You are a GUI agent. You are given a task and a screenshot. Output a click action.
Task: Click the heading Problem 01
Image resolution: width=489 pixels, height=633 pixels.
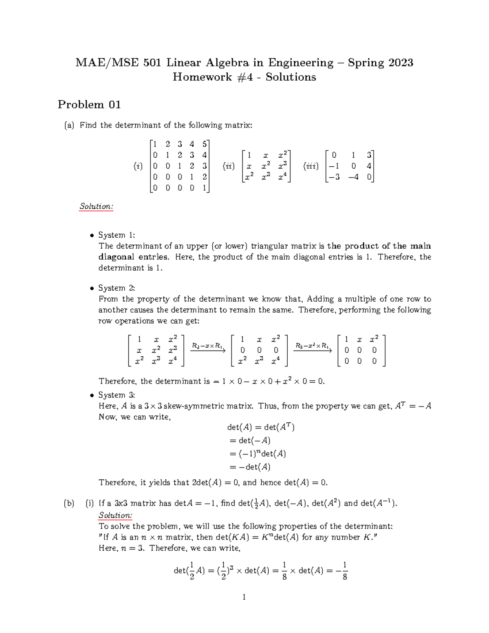pyautogui.click(x=89, y=105)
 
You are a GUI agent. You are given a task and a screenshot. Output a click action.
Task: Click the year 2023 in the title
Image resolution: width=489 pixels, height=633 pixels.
pyautogui.click(x=401, y=63)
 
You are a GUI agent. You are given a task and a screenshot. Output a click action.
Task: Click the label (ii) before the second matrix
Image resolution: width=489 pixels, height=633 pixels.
pyautogui.click(x=229, y=166)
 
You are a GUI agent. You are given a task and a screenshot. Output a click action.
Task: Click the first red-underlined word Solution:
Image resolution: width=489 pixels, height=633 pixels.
pyautogui.click(x=96, y=206)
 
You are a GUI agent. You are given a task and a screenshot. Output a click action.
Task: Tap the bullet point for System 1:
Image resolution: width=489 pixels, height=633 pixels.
pyautogui.click(x=92, y=236)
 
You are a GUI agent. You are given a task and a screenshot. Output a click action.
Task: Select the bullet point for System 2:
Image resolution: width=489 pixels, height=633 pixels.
pyautogui.click(x=92, y=289)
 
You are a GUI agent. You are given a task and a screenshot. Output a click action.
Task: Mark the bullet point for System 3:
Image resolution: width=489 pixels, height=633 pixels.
pyautogui.click(x=92, y=396)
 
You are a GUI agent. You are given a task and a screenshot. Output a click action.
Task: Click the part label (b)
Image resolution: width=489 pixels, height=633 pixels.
pyautogui.click(x=69, y=503)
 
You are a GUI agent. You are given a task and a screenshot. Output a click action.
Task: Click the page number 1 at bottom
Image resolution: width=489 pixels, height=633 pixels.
pyautogui.click(x=244, y=598)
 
